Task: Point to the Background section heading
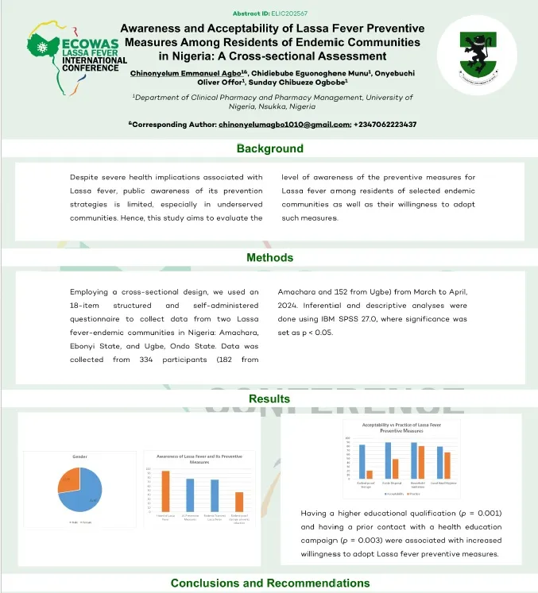269,148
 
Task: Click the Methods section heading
269,257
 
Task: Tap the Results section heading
269,399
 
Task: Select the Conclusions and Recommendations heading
269,583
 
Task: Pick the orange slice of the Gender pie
67,481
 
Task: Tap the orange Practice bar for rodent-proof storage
370,474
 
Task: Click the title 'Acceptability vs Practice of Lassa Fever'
401,425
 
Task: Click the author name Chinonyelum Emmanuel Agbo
176,72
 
